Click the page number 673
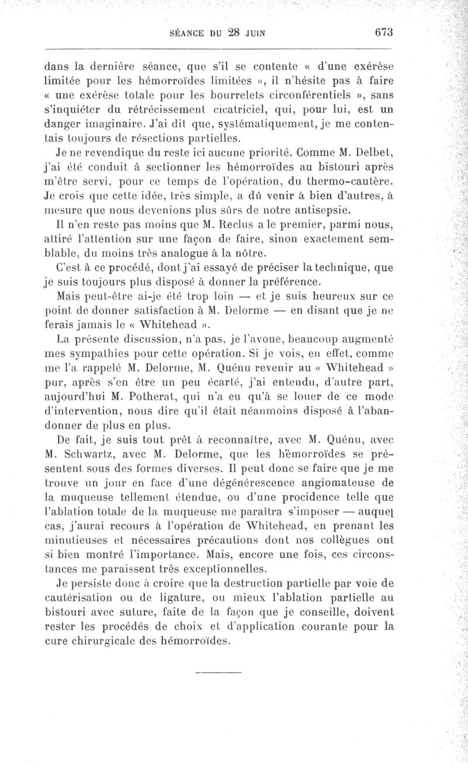point(380,32)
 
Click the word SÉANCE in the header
point(187,33)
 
